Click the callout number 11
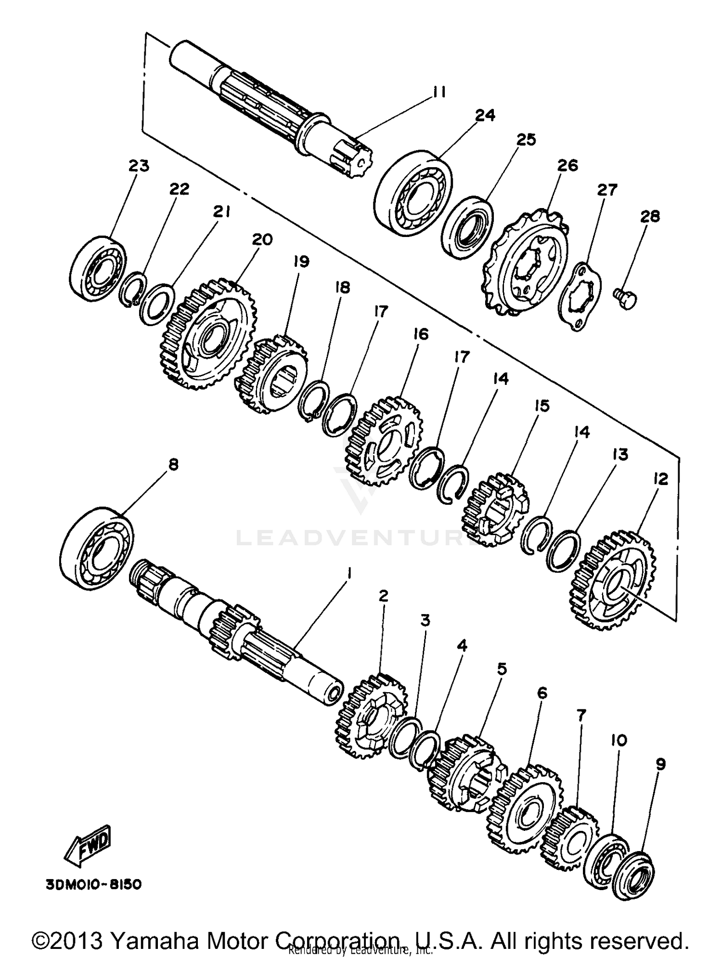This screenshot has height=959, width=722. (x=438, y=92)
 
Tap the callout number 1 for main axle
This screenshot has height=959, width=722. (x=349, y=573)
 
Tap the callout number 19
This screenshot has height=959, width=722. (x=301, y=262)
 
